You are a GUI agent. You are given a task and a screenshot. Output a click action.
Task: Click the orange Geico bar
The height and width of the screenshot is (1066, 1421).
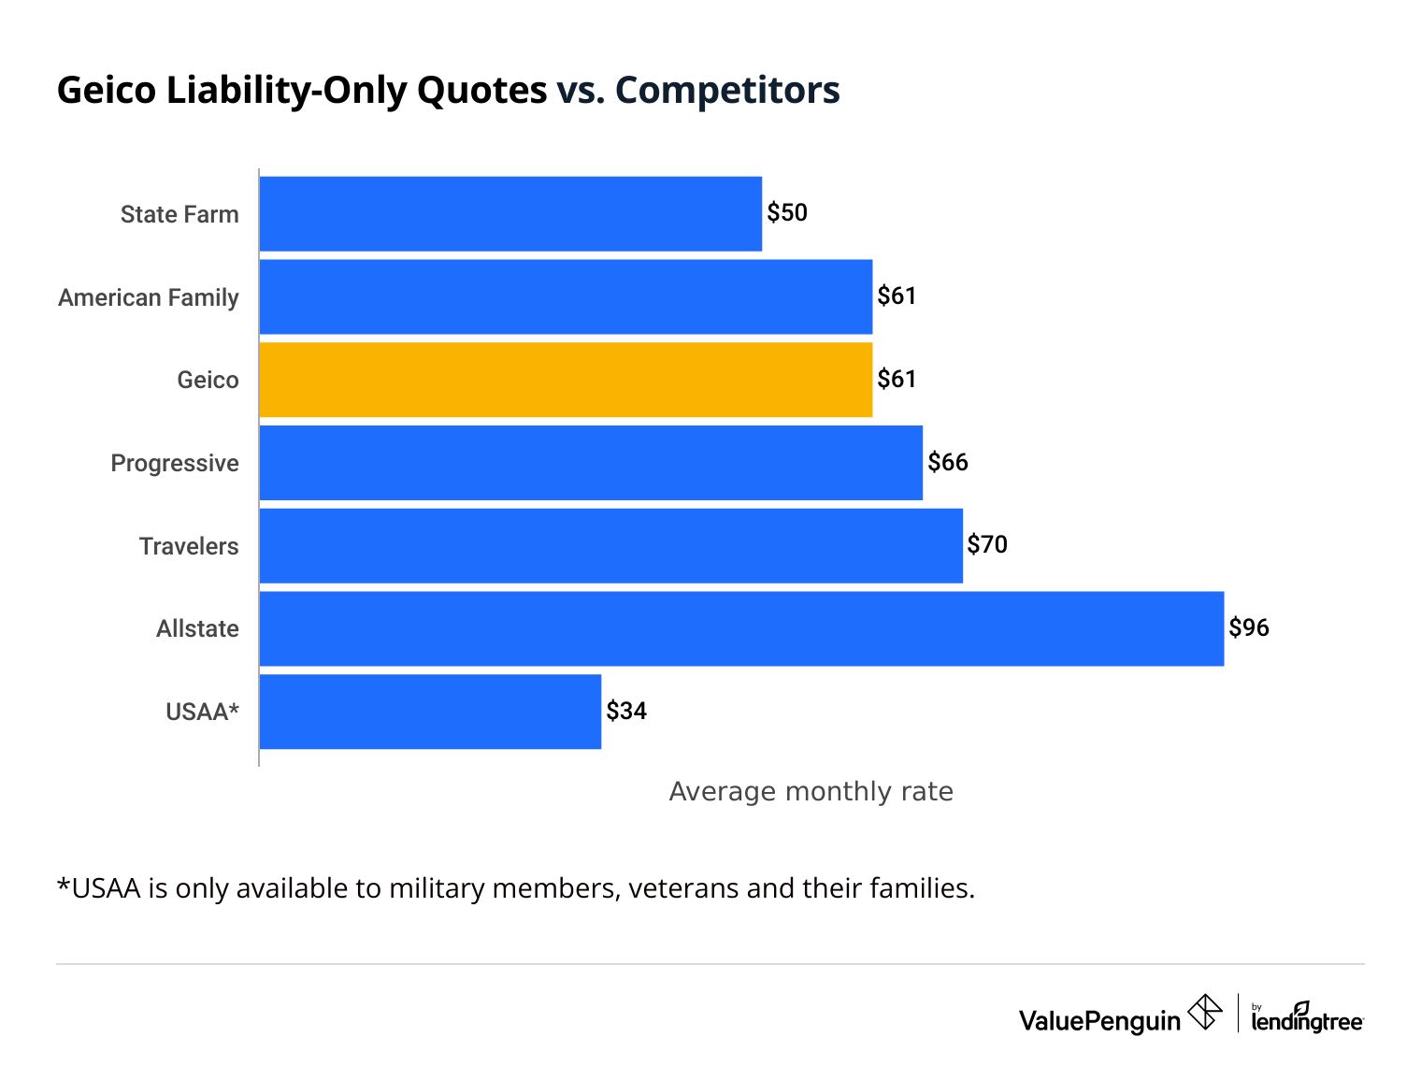(566, 380)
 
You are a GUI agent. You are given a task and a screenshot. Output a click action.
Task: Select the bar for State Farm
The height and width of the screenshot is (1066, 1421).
(510, 214)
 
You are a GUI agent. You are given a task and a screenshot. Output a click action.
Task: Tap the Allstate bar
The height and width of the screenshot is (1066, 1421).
(741, 628)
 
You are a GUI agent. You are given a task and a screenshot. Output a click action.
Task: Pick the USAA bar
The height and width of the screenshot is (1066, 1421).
(430, 712)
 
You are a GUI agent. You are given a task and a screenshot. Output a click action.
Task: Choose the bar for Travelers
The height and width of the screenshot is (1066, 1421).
(610, 546)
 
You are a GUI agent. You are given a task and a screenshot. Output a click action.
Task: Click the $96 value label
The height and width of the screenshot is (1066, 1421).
(1249, 627)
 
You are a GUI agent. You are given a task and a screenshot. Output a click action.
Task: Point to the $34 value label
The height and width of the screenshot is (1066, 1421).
(626, 711)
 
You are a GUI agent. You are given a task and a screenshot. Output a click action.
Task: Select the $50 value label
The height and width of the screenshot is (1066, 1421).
(787, 213)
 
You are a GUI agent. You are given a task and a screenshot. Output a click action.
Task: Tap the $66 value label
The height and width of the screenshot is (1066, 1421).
(948, 462)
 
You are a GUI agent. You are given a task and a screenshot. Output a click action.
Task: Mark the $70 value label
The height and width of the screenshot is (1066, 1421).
(987, 544)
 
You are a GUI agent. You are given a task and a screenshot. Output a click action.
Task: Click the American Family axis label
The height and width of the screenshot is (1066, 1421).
(149, 297)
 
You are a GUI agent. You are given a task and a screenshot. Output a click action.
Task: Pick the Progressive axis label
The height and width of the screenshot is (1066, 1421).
(175, 463)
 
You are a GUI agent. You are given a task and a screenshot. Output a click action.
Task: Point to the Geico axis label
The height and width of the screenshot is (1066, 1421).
(208, 380)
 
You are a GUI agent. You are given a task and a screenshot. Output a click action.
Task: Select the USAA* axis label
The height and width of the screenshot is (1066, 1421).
(202, 712)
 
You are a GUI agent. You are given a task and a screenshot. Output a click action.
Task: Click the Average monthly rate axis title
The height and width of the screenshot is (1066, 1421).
(811, 792)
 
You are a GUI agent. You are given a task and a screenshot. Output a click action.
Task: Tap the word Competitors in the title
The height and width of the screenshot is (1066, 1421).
(727, 90)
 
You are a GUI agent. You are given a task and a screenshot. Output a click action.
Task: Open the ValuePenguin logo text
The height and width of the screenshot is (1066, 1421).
(1099, 1020)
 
